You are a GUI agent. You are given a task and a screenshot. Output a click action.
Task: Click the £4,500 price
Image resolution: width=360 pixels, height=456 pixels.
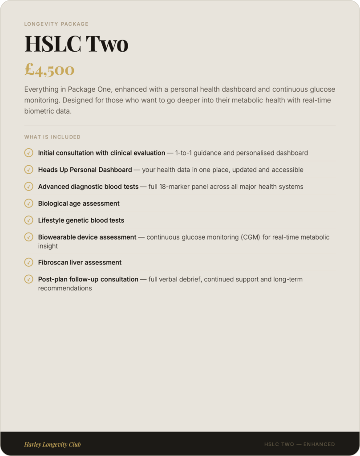49,69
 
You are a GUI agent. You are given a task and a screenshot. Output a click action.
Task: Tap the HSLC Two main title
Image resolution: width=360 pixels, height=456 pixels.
76,44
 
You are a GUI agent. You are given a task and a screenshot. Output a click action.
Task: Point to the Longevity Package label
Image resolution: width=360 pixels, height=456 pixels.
56,24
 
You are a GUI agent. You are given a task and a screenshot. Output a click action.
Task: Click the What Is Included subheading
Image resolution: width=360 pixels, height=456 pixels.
53,137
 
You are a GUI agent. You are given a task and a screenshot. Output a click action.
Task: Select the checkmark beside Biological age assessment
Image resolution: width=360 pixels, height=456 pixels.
28,204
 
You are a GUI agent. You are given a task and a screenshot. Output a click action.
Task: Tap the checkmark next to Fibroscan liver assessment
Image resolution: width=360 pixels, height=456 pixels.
28,262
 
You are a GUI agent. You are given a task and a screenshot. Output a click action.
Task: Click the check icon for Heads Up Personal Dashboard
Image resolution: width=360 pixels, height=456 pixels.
28,170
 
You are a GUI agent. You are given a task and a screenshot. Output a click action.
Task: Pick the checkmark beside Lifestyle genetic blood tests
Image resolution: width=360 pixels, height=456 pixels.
28,220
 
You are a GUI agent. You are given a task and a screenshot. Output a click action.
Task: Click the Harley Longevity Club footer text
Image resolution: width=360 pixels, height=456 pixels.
53,444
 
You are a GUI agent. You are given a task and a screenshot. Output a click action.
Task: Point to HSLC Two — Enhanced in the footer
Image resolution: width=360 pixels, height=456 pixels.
299,444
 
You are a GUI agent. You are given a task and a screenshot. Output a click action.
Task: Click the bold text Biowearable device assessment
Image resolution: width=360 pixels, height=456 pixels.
87,237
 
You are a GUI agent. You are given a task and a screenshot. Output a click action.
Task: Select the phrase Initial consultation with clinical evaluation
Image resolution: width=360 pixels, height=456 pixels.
101,153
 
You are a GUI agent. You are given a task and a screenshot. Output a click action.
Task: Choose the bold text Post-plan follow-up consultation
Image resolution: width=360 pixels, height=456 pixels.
88,280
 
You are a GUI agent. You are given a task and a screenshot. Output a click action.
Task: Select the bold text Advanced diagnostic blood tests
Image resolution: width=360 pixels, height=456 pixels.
88,187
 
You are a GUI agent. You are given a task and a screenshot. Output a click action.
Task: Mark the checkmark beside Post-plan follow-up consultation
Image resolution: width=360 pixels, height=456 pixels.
28,279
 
